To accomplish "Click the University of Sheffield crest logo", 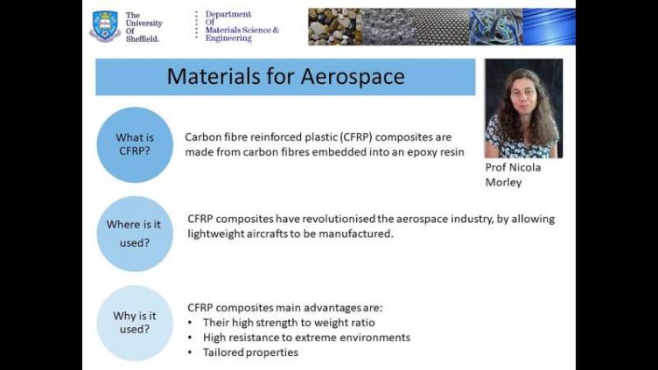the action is point(105,26).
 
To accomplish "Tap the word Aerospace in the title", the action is point(353,76).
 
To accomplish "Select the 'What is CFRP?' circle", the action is point(135,144).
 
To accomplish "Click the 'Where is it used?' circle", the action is point(135,234).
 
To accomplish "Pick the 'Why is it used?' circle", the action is point(135,323).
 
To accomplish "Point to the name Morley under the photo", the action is point(504,183).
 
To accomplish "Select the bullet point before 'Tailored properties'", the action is point(190,353).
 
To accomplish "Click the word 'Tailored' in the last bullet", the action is point(221,352).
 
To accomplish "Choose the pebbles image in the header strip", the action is point(335,26).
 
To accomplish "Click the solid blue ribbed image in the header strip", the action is point(549,26).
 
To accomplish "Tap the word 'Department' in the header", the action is point(228,14).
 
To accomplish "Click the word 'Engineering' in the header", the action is point(228,38).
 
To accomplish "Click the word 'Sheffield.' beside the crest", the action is point(143,38).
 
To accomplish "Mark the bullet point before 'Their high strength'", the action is point(190,323).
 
